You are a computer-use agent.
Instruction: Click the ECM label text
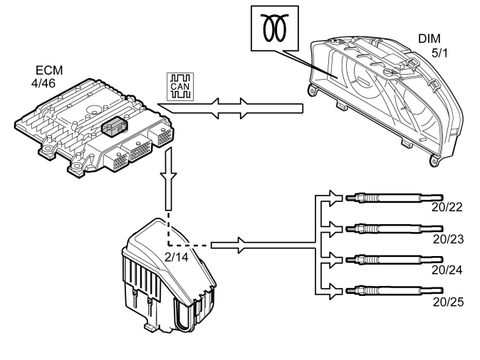point(49,70)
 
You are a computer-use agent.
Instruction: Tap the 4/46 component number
point(43,83)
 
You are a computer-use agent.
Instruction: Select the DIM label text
point(429,39)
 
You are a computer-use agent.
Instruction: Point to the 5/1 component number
point(439,53)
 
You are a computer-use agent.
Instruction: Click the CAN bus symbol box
point(180,87)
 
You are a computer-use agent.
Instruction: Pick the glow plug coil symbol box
point(275,28)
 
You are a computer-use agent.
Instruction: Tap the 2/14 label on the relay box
point(177,258)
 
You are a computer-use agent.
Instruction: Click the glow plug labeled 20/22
point(395,198)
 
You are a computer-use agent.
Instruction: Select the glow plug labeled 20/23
point(395,228)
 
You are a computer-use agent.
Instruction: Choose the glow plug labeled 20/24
point(395,260)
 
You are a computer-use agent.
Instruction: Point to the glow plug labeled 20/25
point(395,290)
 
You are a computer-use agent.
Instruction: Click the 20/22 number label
point(447,207)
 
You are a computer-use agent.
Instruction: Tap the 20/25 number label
point(448,302)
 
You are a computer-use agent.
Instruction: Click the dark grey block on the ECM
point(114,126)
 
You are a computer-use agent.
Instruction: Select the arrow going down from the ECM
point(168,179)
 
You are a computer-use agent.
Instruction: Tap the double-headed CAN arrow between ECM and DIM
point(230,109)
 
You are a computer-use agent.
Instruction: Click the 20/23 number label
point(448,239)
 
